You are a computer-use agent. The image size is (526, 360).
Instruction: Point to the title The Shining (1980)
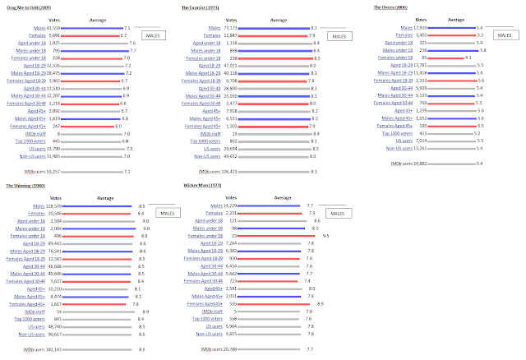point(24,185)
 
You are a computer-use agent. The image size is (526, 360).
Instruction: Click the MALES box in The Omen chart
point(502,35)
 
